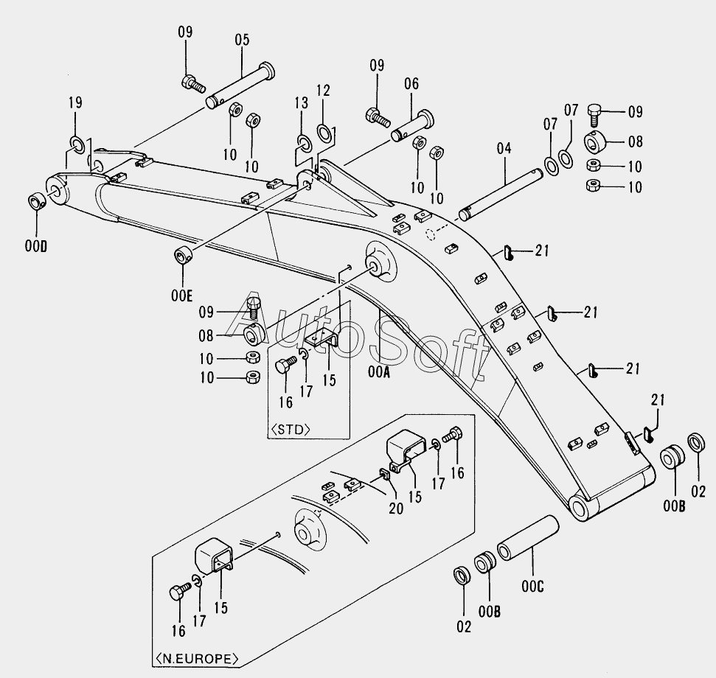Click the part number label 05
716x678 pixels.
(242, 40)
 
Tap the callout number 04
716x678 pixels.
(504, 148)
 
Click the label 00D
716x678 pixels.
(35, 245)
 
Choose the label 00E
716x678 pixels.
(181, 296)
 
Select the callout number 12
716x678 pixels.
(323, 91)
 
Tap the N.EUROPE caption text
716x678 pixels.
(196, 657)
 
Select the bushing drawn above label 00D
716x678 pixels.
(37, 202)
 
